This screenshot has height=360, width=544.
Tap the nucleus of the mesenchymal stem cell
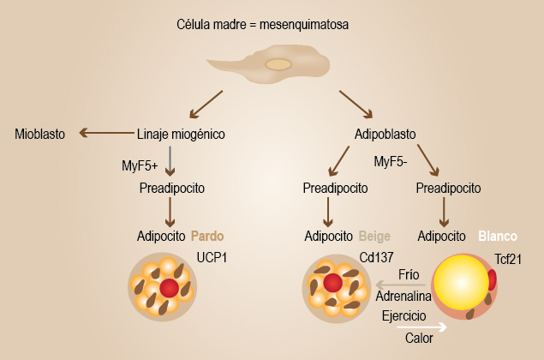(278, 64)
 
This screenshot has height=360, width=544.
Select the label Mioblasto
(40, 134)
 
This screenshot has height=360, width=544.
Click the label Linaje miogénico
(181, 134)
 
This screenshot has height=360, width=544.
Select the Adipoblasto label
(386, 134)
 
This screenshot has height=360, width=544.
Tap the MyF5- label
(392, 160)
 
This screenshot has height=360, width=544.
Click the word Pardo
(208, 235)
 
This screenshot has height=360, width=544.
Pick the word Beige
(374, 235)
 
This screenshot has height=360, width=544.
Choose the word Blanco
(497, 235)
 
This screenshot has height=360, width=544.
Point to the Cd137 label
(377, 256)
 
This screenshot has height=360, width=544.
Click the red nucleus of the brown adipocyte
(170, 287)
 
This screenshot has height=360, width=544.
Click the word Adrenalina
(402, 296)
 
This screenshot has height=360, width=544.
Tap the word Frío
(409, 274)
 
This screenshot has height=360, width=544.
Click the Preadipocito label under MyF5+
(171, 188)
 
